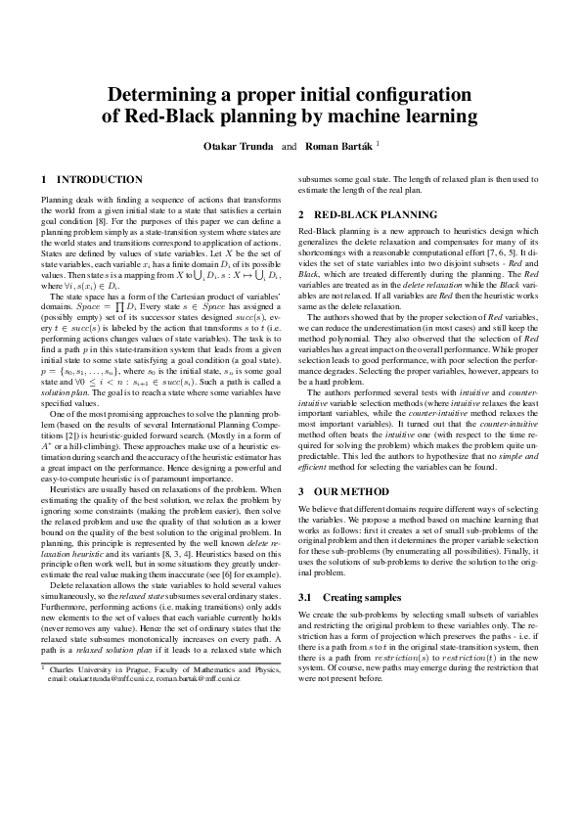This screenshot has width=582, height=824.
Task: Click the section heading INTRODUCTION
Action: click(100, 180)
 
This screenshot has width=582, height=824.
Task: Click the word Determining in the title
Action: click(165, 95)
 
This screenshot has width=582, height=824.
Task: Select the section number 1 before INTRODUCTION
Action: click(44, 180)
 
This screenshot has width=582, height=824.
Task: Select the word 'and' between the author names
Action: click(289, 146)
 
